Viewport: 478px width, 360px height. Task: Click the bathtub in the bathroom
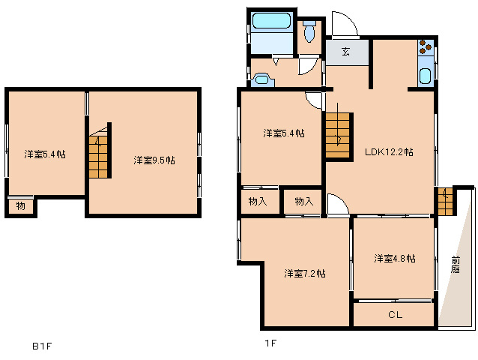tap(271, 21)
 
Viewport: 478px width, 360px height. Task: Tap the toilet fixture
tap(309, 31)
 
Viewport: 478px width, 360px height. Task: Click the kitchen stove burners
tap(426, 47)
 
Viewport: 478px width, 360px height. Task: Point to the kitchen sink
tap(426, 76)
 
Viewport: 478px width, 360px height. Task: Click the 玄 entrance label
tap(345, 52)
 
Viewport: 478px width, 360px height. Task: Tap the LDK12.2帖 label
tap(389, 152)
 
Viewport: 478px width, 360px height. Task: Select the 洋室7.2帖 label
tap(305, 273)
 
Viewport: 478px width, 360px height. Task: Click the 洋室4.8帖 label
tap(395, 259)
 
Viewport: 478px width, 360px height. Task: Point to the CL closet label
tap(395, 314)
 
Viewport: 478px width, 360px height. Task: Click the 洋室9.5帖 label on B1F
tap(154, 160)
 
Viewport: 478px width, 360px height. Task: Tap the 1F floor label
tap(270, 343)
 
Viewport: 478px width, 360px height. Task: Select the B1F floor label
tap(43, 346)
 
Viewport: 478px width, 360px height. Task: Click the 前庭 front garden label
tap(456, 265)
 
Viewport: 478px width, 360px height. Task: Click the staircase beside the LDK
tap(338, 136)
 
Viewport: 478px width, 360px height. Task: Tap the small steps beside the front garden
tap(445, 202)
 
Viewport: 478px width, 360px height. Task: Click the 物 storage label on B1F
tap(20, 206)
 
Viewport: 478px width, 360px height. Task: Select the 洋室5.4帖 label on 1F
tap(284, 133)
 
